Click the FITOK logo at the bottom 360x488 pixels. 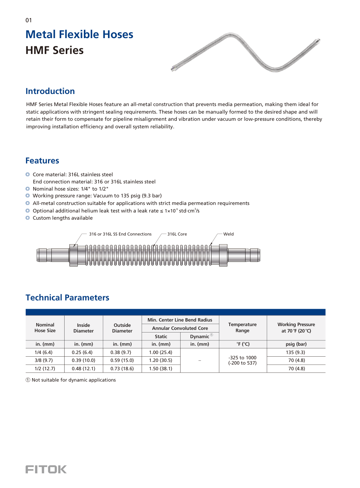46,469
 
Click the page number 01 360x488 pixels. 29,20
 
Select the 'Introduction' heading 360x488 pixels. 50,91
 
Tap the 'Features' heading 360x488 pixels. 42,161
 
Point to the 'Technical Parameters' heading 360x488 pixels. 67,298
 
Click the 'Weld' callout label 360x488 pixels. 228,234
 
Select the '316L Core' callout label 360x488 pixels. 177,234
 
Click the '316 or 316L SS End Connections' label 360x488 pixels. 120,234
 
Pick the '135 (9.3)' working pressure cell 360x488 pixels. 296,352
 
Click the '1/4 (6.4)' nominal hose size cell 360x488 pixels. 44,352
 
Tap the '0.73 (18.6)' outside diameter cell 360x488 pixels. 122,369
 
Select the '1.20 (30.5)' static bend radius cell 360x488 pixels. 161,360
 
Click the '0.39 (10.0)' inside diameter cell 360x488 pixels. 83,360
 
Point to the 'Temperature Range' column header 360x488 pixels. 243,328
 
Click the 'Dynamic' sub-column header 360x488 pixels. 199,336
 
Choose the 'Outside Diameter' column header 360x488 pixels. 122,328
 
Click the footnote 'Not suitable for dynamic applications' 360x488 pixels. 74,380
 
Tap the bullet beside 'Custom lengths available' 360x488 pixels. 28,218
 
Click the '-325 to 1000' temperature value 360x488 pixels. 243,358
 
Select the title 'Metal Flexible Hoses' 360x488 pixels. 79,35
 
